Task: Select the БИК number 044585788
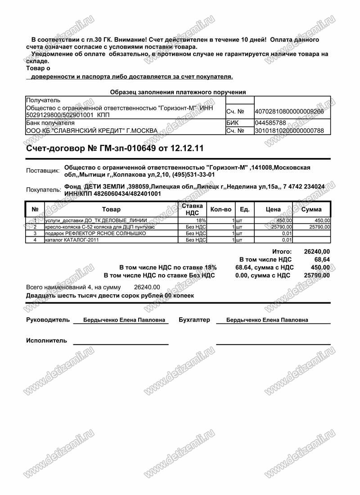(x=270, y=122)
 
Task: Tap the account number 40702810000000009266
(x=289, y=111)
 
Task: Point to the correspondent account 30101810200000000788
(x=289, y=131)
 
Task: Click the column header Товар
(x=112, y=209)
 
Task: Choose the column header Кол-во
(x=221, y=209)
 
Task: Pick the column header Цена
(x=273, y=209)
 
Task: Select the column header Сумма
(x=311, y=209)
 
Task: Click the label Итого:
(x=282, y=252)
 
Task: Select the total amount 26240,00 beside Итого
(x=317, y=252)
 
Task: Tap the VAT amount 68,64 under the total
(x=322, y=260)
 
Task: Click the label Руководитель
(x=48, y=320)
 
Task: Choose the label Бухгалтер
(x=194, y=320)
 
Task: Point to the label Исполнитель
(x=46, y=340)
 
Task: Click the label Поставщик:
(x=43, y=171)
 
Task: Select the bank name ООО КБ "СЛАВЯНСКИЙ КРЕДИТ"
(x=92, y=131)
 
